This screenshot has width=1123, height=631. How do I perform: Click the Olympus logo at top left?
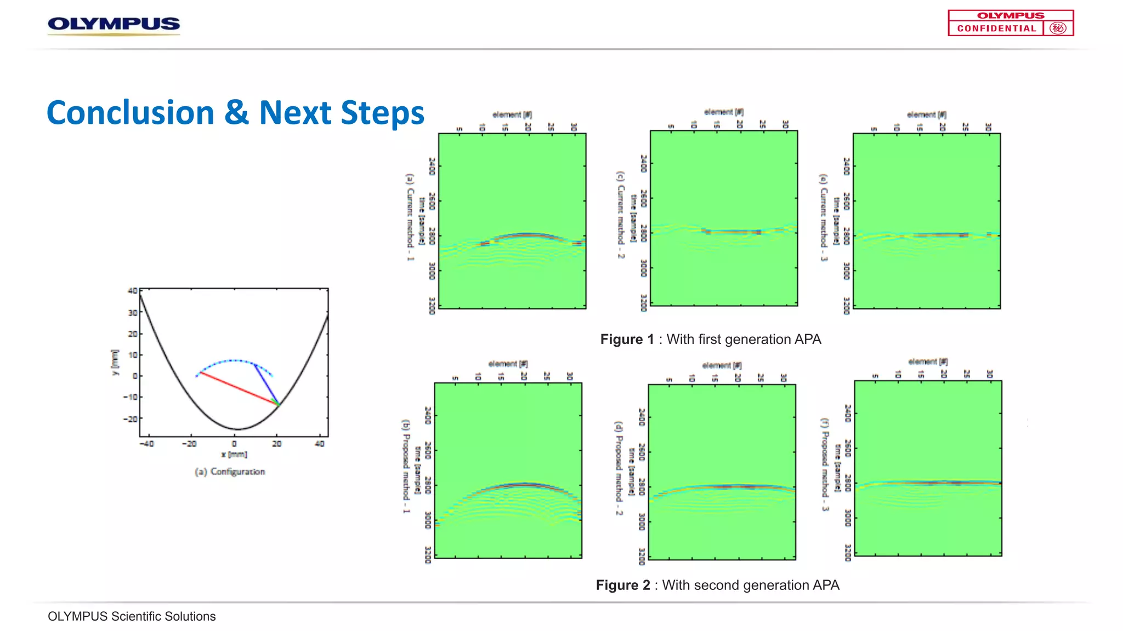tap(114, 25)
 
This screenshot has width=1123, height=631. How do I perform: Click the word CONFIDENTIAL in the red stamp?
tap(996, 28)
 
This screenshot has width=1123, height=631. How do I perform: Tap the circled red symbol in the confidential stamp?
tap(1058, 28)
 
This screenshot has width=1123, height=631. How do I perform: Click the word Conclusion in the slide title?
tap(131, 113)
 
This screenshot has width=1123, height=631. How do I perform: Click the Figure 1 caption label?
tap(627, 340)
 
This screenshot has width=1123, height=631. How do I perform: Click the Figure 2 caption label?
tap(622, 586)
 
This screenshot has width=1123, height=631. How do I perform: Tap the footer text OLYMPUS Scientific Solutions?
tap(132, 617)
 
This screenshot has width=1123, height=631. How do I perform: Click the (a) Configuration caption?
tap(230, 472)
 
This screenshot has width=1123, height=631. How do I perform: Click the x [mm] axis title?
tap(234, 455)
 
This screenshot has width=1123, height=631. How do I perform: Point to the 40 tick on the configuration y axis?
tap(132, 291)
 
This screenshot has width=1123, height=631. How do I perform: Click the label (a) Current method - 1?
tap(410, 217)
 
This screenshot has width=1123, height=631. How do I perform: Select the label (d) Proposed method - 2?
tap(619, 468)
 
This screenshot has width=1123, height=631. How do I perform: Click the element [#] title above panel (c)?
tap(723, 112)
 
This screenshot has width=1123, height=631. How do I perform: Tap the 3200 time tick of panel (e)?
tap(846, 306)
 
